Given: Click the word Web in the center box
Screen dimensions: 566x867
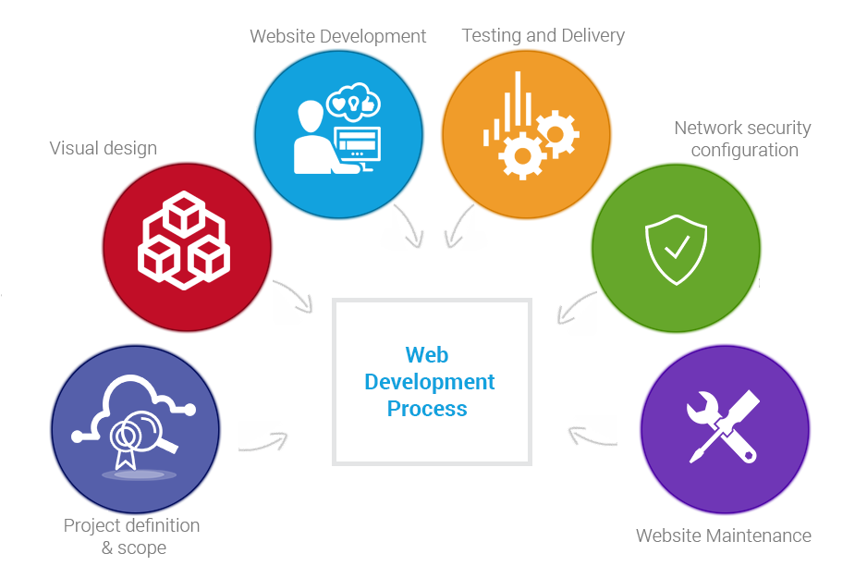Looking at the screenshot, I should click(x=426, y=355).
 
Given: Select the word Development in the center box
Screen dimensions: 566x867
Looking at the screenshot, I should click(x=429, y=381).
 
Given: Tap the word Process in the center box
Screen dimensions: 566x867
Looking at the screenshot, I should click(x=426, y=408).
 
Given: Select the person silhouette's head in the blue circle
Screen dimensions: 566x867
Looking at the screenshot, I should click(x=311, y=116).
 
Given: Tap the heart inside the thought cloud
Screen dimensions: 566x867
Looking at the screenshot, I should click(x=338, y=103).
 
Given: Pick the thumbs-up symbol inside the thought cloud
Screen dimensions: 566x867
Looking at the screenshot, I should click(x=367, y=105).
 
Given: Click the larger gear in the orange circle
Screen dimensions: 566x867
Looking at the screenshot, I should click(x=522, y=154).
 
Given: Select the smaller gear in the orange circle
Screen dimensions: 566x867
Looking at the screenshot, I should click(x=557, y=132).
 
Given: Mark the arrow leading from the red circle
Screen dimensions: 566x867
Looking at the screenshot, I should click(x=296, y=295).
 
